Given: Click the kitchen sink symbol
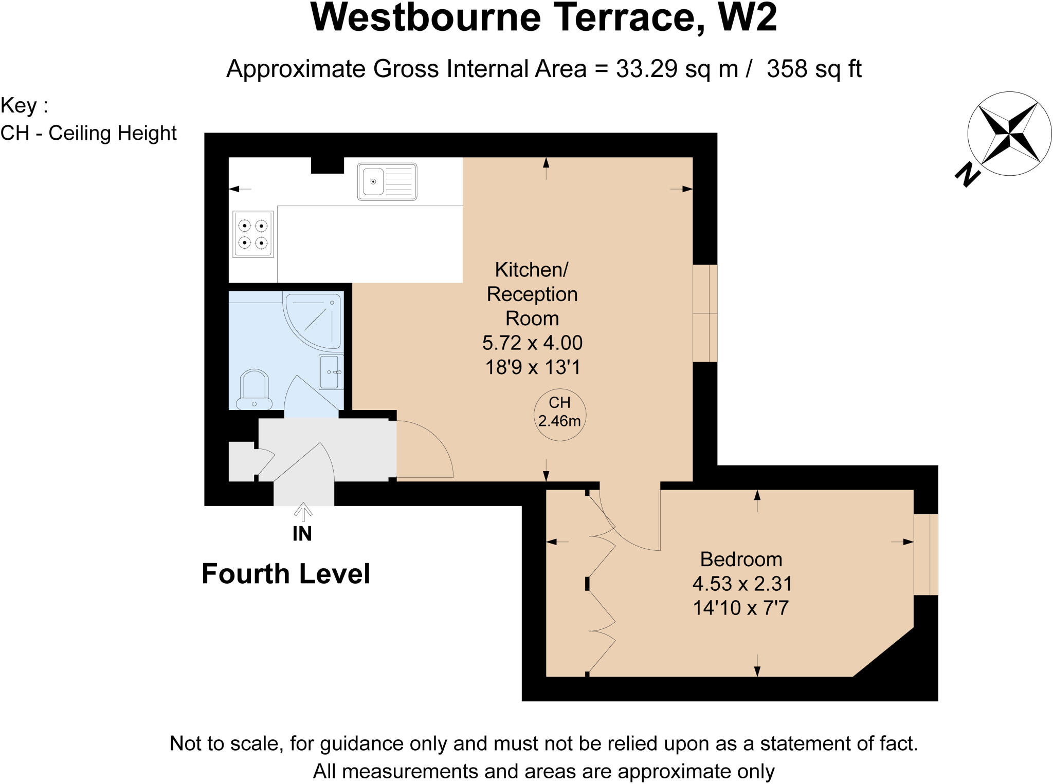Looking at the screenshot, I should click(387, 181).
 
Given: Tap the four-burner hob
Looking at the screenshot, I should click(253, 234).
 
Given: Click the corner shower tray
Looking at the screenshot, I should click(314, 321).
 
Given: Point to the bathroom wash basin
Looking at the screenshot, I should click(331, 371).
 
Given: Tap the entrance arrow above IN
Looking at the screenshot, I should click(303, 512).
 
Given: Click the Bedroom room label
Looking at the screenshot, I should click(741, 559).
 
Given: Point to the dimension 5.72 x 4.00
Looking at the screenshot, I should click(532, 343).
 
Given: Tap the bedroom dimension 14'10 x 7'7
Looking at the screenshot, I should click(740, 608).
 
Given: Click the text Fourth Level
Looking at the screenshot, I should click(286, 574).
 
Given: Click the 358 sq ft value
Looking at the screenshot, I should click(814, 69).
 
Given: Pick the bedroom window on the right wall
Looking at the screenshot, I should click(925, 554).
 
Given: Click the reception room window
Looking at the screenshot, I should click(705, 313).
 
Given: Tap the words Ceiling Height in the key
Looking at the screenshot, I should click(113, 133).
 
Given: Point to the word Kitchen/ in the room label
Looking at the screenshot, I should click(531, 269).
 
